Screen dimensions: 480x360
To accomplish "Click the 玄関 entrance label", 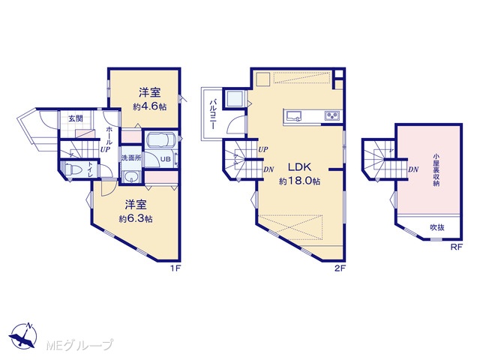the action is coord(76,118).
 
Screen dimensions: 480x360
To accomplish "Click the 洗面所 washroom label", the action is coord(131,158).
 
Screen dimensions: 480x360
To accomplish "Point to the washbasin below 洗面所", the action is coord(132,177).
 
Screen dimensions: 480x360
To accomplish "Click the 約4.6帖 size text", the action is coord(150,106).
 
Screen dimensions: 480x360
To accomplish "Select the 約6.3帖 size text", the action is coord(136,219).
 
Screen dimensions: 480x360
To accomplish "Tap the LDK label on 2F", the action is coord(300,167).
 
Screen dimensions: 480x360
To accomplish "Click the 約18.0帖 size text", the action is coord(300,181).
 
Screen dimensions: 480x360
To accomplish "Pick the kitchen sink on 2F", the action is coord(294,115).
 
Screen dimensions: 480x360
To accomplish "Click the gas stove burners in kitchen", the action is coord(332,115).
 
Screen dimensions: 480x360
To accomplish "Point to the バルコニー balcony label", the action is coord(212,114).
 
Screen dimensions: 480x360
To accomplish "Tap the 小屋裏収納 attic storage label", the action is coord(436,170).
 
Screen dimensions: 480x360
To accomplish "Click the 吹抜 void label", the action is coord(437,227).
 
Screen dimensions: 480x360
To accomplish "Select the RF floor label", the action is coord(456,247).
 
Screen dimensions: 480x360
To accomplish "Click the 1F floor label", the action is coord(176,268).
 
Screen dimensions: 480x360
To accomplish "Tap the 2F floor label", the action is coord(340,268).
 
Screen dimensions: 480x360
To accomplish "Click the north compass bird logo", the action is coord(23,336).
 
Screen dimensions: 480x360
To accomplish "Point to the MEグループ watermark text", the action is coord(80,345).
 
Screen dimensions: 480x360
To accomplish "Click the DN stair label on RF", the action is coord(413,169).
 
